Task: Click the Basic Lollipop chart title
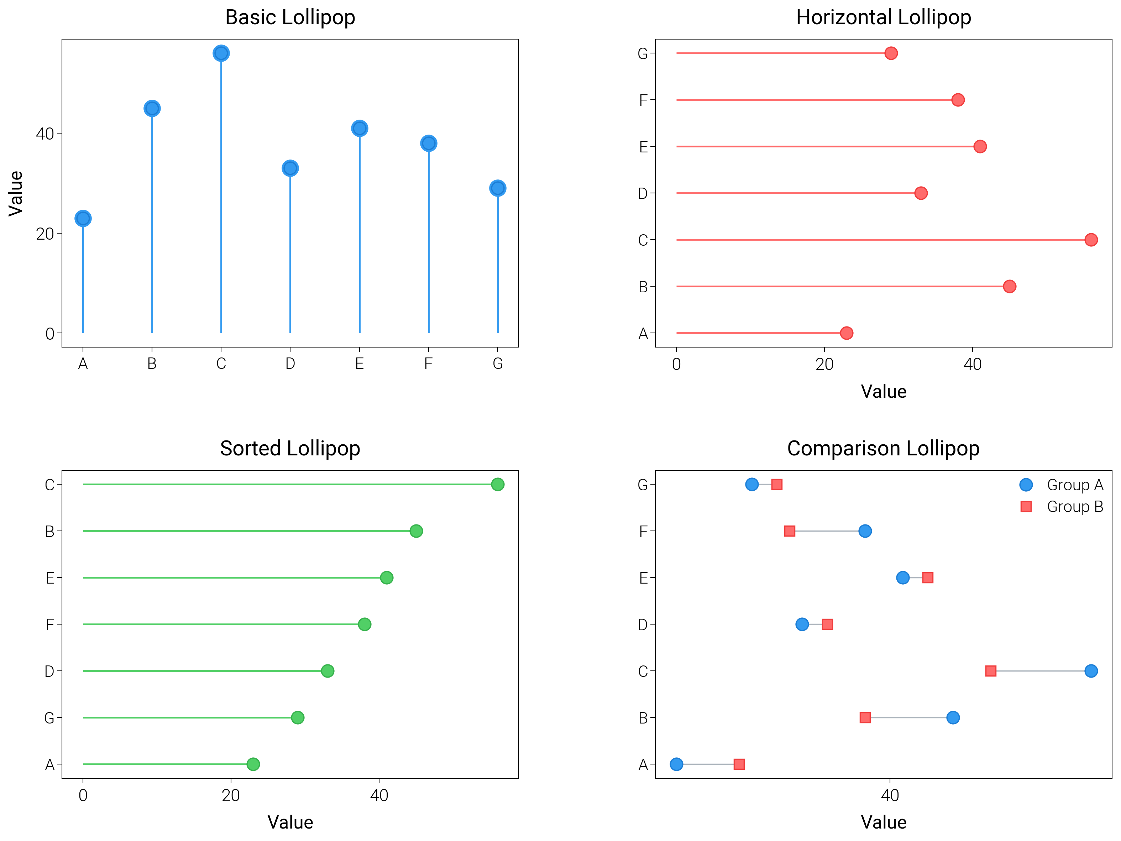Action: [290, 17]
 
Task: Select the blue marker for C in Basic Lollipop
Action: [221, 53]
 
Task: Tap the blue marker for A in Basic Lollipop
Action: [83, 219]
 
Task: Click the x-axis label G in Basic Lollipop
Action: [498, 364]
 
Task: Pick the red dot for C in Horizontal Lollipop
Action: [1091, 240]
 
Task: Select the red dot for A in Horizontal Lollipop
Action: [846, 333]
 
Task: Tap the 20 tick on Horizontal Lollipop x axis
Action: [824, 364]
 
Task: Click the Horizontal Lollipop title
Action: [883, 17]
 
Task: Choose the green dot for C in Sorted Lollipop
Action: [498, 485]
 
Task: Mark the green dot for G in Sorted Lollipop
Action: [298, 717]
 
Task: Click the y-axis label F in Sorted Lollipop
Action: [50, 625]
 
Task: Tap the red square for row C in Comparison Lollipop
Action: [991, 671]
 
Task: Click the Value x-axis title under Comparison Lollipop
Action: [883, 822]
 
